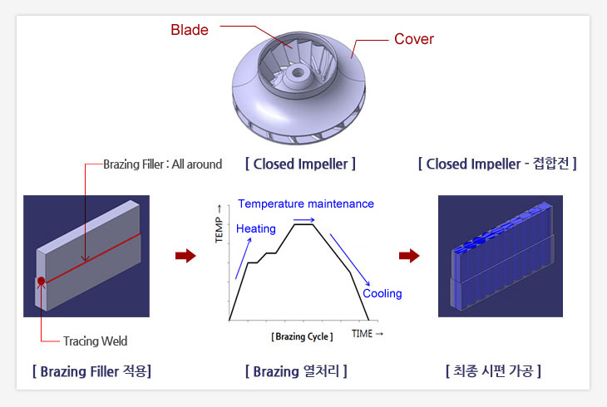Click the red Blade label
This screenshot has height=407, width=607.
click(190, 30)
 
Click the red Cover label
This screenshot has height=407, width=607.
click(414, 39)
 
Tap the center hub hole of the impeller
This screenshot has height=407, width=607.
click(298, 72)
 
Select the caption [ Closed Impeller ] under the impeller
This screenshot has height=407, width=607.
click(300, 164)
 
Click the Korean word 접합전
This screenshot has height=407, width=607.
click(550, 164)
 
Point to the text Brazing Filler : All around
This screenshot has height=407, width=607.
click(163, 164)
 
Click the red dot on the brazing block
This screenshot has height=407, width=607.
click(41, 281)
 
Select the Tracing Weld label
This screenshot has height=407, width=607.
click(96, 341)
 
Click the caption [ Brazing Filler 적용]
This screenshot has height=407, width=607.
click(91, 371)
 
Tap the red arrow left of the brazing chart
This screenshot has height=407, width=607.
click(185, 256)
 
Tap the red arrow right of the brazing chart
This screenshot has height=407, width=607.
click(409, 256)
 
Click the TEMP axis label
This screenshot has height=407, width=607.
click(220, 224)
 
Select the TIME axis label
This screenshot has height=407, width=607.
click(368, 334)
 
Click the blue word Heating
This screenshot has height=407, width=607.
click(256, 228)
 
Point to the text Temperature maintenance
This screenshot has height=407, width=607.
click(306, 203)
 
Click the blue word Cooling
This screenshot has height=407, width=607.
click(382, 293)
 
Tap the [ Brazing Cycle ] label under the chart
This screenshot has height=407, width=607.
click(302, 336)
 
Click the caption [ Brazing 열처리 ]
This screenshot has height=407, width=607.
click(296, 371)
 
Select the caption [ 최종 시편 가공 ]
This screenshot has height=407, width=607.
click(493, 370)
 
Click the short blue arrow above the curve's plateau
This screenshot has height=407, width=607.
click(303, 220)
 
